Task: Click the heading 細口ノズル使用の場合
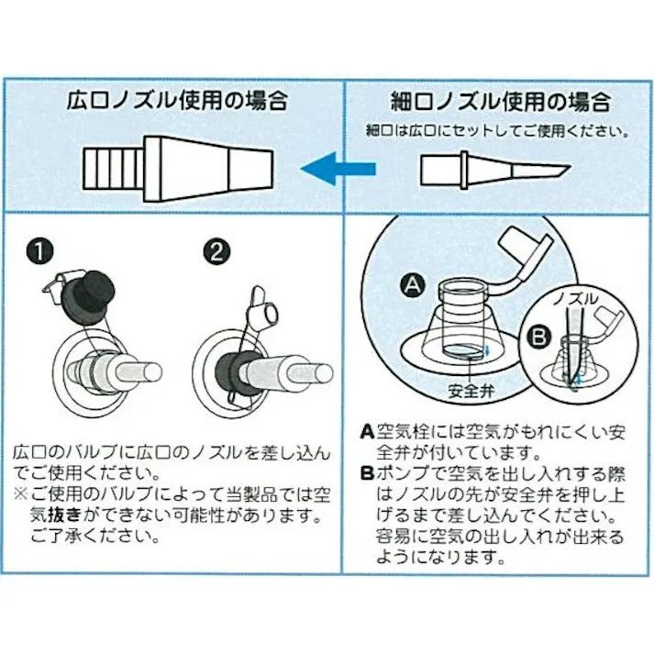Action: pyautogui.click(x=500, y=100)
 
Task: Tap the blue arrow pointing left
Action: pyautogui.click(x=338, y=168)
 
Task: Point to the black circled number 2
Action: pyautogui.click(x=213, y=250)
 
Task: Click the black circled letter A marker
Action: pyautogui.click(x=411, y=286)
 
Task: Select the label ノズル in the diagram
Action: pyautogui.click(x=576, y=299)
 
